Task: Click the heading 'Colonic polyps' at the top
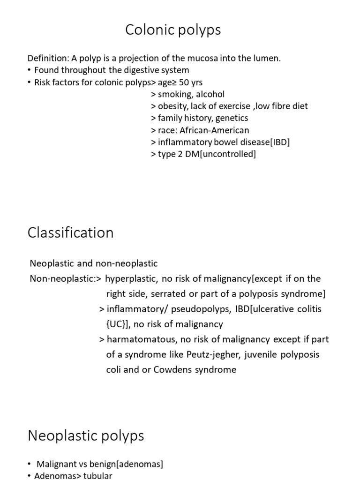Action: click(x=173, y=30)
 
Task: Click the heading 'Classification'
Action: click(x=70, y=233)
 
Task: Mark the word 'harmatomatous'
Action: click(x=138, y=339)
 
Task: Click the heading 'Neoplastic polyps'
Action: click(x=86, y=436)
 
